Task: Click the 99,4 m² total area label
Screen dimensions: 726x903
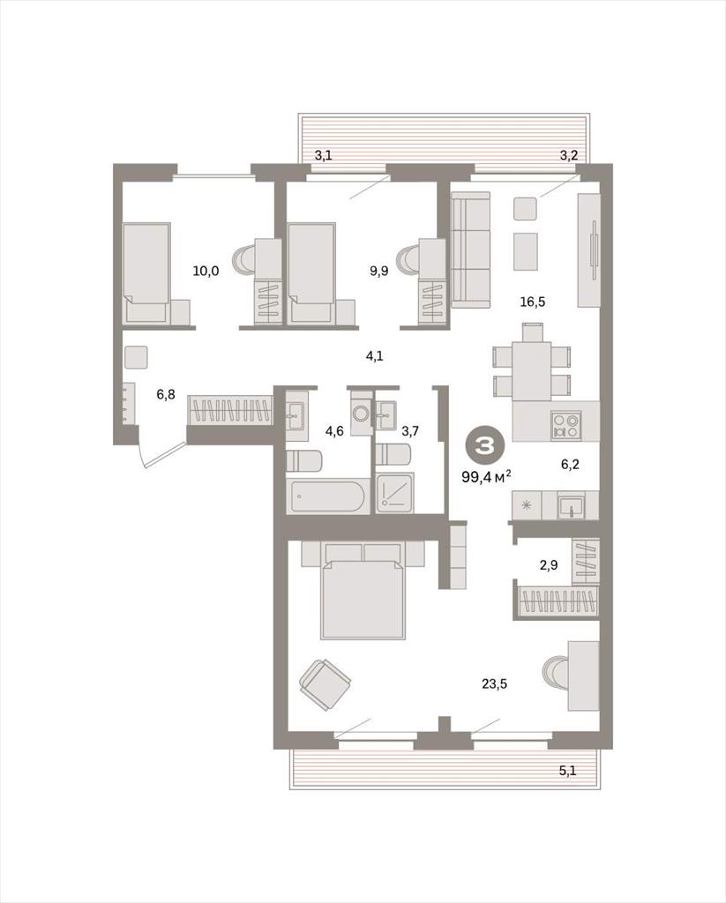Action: click(x=486, y=477)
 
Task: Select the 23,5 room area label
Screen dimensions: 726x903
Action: click(x=494, y=684)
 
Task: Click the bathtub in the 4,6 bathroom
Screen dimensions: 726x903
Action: click(x=327, y=496)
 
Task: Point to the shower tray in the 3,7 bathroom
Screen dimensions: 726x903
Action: click(x=395, y=492)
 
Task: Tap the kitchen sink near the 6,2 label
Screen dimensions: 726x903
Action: click(x=571, y=505)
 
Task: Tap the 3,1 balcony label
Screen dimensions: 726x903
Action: click(x=323, y=155)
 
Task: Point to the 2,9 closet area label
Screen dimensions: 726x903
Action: click(x=549, y=565)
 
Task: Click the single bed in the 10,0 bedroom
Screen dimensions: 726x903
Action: click(x=147, y=273)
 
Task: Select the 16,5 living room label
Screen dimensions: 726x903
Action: click(x=533, y=302)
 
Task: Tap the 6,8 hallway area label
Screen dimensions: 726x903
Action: click(x=165, y=394)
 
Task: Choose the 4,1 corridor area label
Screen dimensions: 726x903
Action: click(x=375, y=356)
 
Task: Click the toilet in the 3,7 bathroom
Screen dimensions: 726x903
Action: click(x=393, y=453)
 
